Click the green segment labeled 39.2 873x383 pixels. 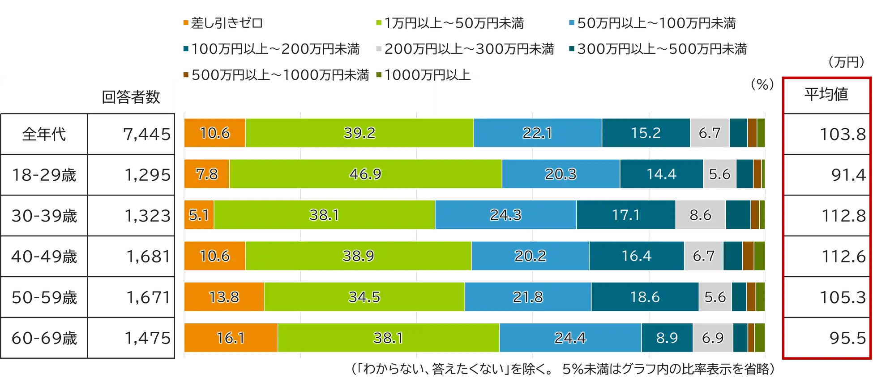(359, 133)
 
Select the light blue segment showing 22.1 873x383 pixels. (537, 133)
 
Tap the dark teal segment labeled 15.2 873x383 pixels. (646, 133)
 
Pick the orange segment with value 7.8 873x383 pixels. (206, 174)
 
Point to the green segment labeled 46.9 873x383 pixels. (365, 174)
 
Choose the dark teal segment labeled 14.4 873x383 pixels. (661, 174)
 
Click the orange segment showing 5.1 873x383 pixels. (199, 215)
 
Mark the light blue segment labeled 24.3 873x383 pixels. (505, 215)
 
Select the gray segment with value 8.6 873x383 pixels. (700, 215)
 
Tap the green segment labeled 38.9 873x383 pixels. (358, 256)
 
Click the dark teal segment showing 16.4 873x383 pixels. (636, 256)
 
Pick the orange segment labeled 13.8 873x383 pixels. (224, 296)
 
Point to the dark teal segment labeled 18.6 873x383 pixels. (645, 296)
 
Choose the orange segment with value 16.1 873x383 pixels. (231, 337)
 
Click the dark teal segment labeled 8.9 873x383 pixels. (667, 337)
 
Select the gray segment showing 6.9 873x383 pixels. (712, 337)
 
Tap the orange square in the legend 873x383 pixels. (184, 23)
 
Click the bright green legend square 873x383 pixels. (378, 23)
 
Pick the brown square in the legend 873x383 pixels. (184, 74)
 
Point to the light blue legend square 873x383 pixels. (571, 23)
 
